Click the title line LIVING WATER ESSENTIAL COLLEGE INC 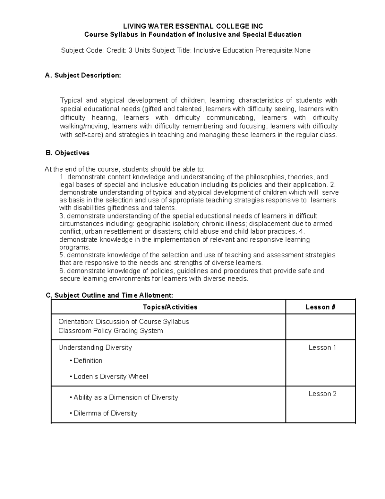tap(193, 26)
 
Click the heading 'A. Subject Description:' tap(83, 76)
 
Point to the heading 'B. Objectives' tap(68, 153)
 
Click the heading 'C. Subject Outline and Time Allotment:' tap(109, 295)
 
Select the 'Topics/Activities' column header tap(170, 307)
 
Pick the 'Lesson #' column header tap(320, 307)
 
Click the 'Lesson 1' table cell tap(322, 347)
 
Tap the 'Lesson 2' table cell tap(322, 394)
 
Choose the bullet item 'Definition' tap(88, 361)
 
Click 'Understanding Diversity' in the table tap(95, 347)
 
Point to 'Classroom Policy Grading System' tap(110, 331)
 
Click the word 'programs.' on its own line tap(75, 247)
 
